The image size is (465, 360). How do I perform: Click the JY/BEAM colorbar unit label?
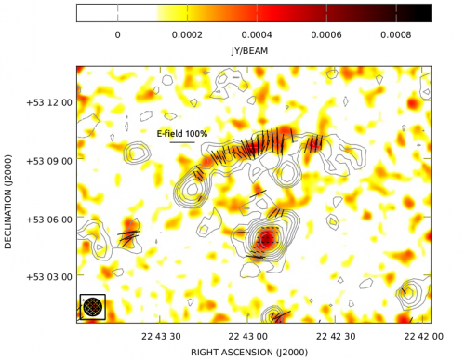point(253,50)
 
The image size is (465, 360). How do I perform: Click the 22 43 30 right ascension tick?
point(161,336)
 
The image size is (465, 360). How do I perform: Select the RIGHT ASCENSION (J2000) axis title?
point(253,353)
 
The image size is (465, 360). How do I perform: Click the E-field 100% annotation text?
point(182,134)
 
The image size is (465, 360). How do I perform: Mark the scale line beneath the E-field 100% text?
point(182,142)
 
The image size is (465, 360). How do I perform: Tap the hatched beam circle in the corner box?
point(92,306)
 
